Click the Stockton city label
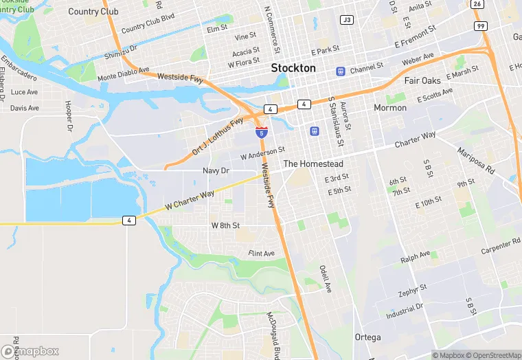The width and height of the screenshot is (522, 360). pyautogui.click(x=293, y=68)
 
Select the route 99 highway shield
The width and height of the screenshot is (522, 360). pyautogui.click(x=480, y=25)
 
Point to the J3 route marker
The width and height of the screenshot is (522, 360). pyautogui.click(x=347, y=20)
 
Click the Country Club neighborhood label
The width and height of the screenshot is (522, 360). pyautogui.click(x=93, y=12)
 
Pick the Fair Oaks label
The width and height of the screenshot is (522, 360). pyautogui.click(x=422, y=80)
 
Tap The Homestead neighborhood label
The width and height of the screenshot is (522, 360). pyautogui.click(x=313, y=164)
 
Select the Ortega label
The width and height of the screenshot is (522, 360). pyautogui.click(x=367, y=337)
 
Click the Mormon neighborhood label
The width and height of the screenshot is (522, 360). pyautogui.click(x=390, y=108)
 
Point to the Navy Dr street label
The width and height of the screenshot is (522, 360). pyautogui.click(x=216, y=170)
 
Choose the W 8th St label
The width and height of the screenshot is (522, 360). pyautogui.click(x=225, y=225)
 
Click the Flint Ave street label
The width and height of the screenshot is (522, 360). pyautogui.click(x=261, y=254)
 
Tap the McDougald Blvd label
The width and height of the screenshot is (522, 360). pyautogui.click(x=274, y=334)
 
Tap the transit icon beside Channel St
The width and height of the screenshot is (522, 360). pyautogui.click(x=340, y=71)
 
